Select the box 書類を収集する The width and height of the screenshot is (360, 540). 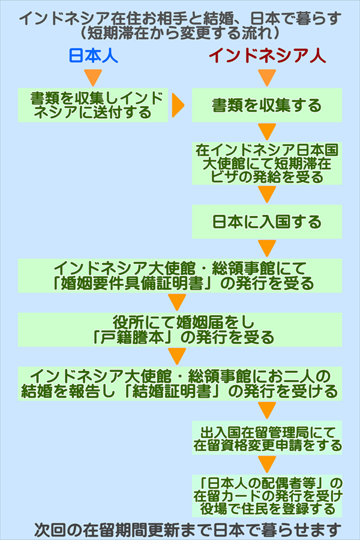click(x=267, y=106)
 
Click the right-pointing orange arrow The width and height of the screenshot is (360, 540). click(x=178, y=106)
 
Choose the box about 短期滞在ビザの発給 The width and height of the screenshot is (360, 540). click(x=267, y=163)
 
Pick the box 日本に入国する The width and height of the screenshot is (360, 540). click(x=267, y=221)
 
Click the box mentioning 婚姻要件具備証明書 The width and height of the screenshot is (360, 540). click(x=180, y=275)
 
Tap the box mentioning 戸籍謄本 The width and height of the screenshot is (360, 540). click(x=180, y=329)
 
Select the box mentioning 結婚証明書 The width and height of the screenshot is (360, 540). click(x=180, y=384)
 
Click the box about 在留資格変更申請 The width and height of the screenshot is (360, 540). click(x=267, y=438)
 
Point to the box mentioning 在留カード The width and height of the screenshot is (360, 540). click(x=267, y=495)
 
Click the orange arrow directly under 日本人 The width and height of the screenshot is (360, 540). click(x=92, y=77)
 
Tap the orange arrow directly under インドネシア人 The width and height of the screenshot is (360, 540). click(x=267, y=77)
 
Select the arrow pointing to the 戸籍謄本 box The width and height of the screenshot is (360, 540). click(x=178, y=302)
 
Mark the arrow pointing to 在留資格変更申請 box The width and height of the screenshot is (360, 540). click(x=267, y=410)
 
